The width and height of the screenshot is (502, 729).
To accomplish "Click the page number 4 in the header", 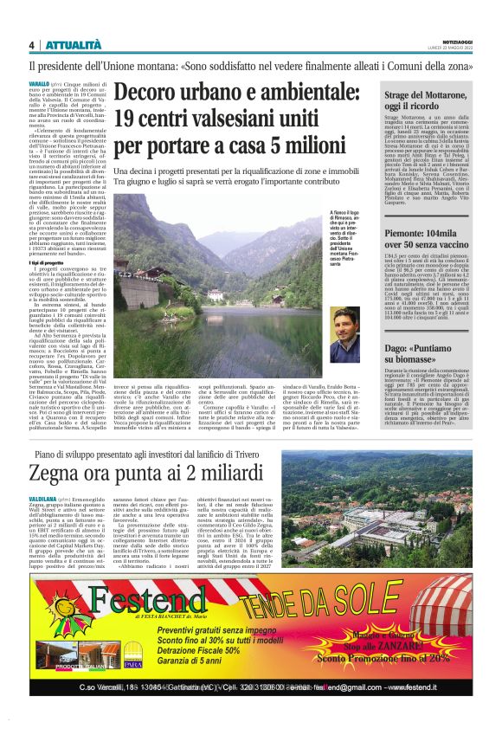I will [31, 44].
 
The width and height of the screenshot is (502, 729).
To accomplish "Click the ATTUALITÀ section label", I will [74, 44].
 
